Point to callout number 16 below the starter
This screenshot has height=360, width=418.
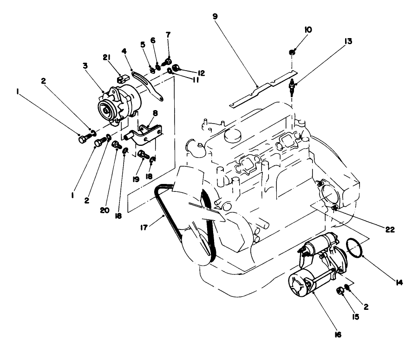click(338, 334)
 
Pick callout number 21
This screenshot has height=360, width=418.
click(105, 57)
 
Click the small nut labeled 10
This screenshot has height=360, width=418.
click(292, 52)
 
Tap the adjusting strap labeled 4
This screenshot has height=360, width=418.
click(148, 84)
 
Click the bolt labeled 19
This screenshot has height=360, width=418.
click(143, 154)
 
